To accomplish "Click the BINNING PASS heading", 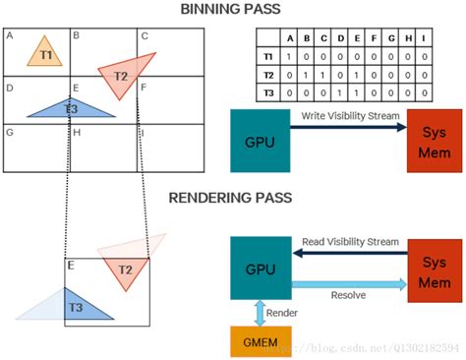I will click(x=233, y=10).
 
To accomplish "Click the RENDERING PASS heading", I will click(x=233, y=197).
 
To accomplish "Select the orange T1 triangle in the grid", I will click(x=40, y=52).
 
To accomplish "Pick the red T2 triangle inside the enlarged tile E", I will click(x=126, y=270).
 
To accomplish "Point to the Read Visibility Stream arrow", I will click(x=348, y=253).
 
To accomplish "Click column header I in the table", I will click(x=423, y=38).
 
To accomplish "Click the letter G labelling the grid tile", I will click(x=9, y=131).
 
